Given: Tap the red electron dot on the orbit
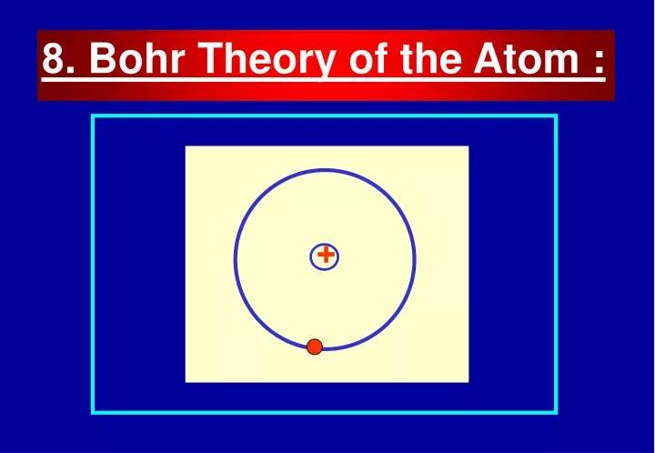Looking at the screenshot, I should (315, 346).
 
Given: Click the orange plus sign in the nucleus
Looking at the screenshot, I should (325, 257).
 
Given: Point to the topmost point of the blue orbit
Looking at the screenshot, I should (325, 170).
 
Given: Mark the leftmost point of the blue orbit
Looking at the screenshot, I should (236, 260).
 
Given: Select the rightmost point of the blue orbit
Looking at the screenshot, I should (415, 260).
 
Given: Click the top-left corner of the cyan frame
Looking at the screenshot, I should (93, 116).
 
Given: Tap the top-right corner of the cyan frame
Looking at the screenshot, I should (555, 116).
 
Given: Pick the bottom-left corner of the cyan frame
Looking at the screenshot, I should (93, 412).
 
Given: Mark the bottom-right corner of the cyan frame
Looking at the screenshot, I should (555, 412).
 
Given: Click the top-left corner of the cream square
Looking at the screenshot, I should (186, 146).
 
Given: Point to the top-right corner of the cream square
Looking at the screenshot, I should (468, 146).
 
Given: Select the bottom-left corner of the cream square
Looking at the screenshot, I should (186, 381).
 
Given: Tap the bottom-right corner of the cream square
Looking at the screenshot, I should (468, 381).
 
